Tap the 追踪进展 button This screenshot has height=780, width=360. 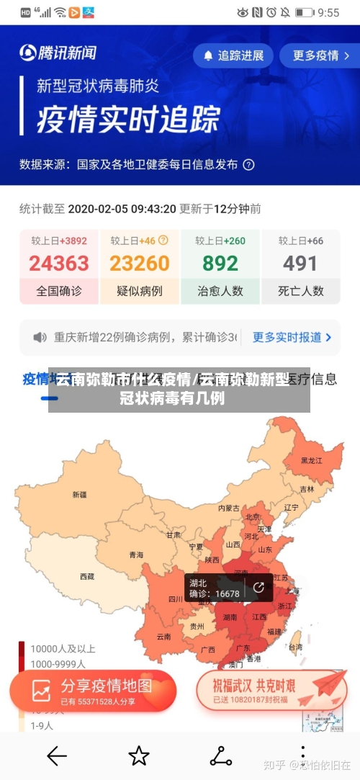pyautogui.click(x=233, y=55)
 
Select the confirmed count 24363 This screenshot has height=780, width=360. pyautogui.click(x=59, y=264)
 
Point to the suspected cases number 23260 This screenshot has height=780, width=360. pyautogui.click(x=139, y=264)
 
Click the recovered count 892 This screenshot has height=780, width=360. pyautogui.click(x=220, y=264)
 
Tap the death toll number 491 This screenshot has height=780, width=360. pyautogui.click(x=300, y=264)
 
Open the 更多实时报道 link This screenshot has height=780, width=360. pyautogui.click(x=292, y=337)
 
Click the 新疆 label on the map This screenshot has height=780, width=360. pyautogui.click(x=79, y=495)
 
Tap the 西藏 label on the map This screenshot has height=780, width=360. pyautogui.click(x=87, y=576)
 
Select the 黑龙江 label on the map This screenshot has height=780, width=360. pyautogui.click(x=312, y=460)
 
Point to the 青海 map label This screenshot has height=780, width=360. pyautogui.click(x=136, y=555)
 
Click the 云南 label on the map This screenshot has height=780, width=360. pyautogui.click(x=163, y=637)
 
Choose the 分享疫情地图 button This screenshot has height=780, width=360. pyautogui.click(x=93, y=690)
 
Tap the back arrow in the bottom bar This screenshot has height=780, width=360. pyautogui.click(x=56, y=756)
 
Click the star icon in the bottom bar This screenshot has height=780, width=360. pyautogui.click(x=138, y=756)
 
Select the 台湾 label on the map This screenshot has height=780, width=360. pyautogui.click(x=295, y=647)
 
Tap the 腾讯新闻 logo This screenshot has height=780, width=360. pyautogui.click(x=58, y=53)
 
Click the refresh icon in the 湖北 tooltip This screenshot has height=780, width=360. pyautogui.click(x=258, y=587)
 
